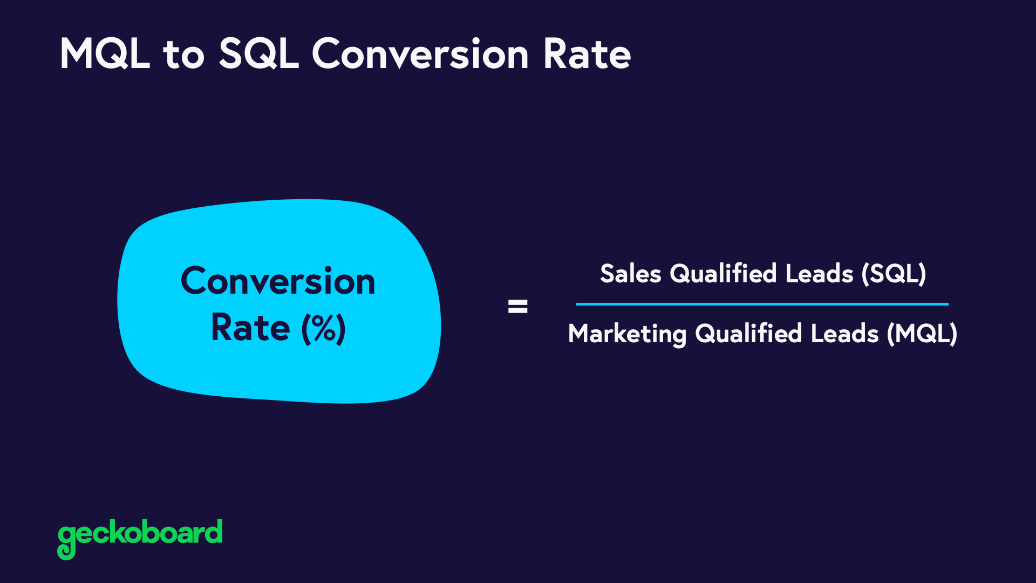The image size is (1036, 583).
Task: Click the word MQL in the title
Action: pos(104,54)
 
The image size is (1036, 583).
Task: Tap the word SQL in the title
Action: pos(258,54)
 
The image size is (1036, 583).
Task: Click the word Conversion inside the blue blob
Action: pos(278,281)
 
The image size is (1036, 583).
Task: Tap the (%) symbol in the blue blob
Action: pos(323,328)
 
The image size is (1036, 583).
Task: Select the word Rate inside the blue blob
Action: pos(250,328)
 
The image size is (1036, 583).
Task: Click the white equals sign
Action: pos(517,307)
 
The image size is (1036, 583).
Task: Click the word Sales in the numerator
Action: pos(630,274)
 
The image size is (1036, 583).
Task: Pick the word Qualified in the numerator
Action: pos(723,274)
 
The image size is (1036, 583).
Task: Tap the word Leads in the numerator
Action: pos(819,274)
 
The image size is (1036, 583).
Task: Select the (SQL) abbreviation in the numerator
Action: pos(894,274)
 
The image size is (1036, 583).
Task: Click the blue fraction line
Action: pos(761,304)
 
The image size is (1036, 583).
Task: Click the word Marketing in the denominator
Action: pos(627,334)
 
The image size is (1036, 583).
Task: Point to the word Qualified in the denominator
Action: pos(748,334)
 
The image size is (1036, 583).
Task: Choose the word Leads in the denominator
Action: pos(844,334)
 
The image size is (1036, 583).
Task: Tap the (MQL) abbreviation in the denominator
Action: pos(922,334)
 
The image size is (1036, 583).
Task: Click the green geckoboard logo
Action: pos(140,534)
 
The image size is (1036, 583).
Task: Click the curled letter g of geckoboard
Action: pos(67,540)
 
